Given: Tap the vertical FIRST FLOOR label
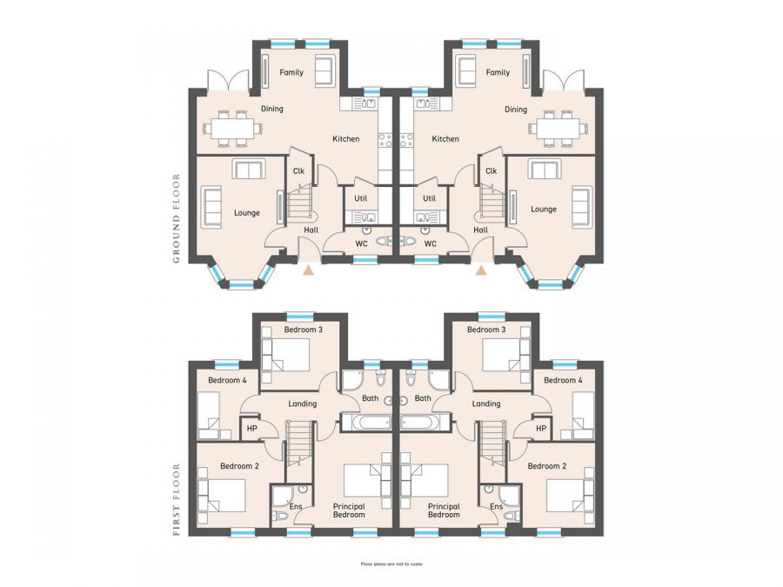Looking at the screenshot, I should [x=177, y=499].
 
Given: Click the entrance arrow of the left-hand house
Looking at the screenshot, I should [x=307, y=270].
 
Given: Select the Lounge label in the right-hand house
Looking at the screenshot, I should [x=544, y=210].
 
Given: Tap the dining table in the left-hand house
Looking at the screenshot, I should [x=232, y=128].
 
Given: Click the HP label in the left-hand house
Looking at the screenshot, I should [x=252, y=428].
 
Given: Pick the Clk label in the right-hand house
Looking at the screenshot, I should [x=491, y=171].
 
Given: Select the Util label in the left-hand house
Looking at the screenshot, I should [x=360, y=198].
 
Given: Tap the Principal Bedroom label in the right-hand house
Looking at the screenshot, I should [x=444, y=510].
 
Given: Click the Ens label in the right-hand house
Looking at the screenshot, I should [x=496, y=506].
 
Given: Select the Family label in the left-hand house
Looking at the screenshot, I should [x=291, y=72].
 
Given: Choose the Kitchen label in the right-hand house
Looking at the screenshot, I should [x=445, y=139].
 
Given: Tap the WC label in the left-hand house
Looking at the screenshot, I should [x=361, y=243].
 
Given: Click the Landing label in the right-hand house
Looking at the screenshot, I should [x=486, y=404].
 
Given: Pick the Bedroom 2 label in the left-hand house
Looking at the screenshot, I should [x=240, y=466].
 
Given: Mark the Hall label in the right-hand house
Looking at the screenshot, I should [x=480, y=230].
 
